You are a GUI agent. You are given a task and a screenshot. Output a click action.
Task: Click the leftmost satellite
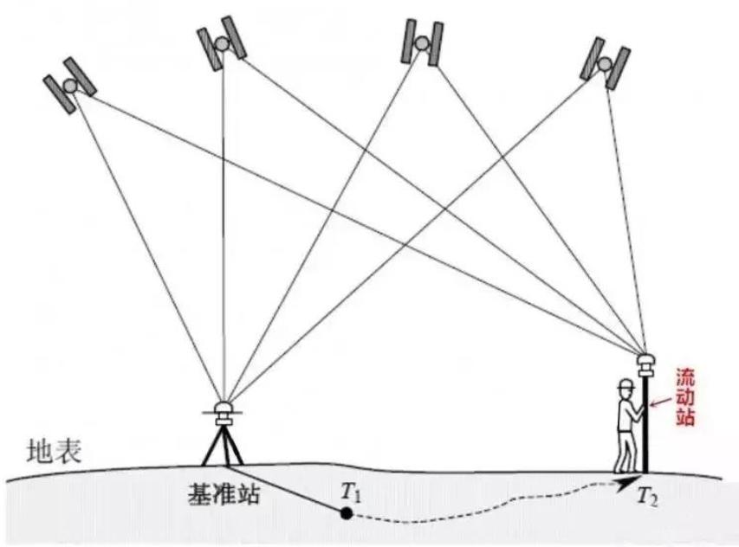(69, 84)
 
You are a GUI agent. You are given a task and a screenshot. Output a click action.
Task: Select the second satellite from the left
(222, 43)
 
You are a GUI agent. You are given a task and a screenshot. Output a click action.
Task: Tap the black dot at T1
(346, 513)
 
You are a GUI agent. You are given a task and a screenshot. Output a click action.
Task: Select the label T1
(350, 492)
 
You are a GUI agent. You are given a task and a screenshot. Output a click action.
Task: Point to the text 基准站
(224, 495)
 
